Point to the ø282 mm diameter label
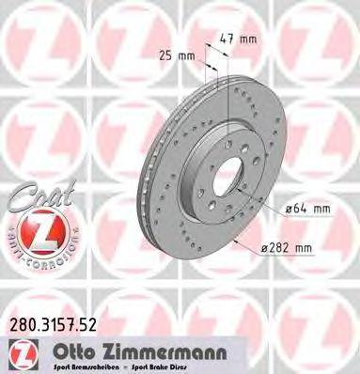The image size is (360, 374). [x=288, y=247]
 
